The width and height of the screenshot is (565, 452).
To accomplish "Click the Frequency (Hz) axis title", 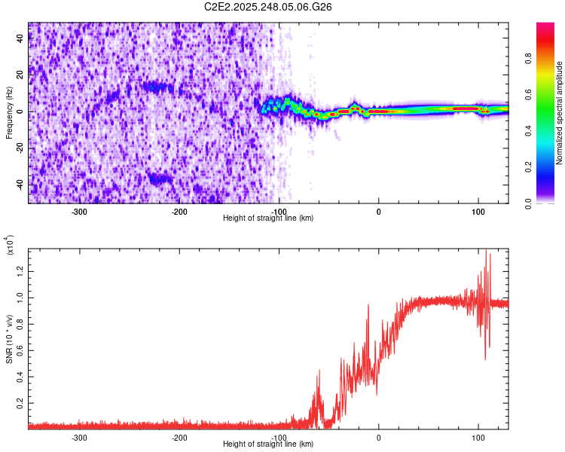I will (9, 112).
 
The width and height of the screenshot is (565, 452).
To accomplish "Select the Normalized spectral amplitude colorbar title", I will (560, 112).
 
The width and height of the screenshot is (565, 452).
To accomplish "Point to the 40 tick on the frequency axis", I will (20, 39).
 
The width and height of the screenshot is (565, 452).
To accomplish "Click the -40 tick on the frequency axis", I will (19, 185).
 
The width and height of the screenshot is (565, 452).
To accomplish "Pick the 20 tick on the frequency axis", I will (20, 75).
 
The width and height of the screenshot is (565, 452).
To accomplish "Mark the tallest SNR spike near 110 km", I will (486, 251).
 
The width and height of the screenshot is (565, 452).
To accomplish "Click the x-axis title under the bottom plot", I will (268, 445).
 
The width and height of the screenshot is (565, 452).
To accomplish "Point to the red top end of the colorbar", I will (545, 27).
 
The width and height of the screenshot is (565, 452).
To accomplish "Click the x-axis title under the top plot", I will (268, 218).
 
